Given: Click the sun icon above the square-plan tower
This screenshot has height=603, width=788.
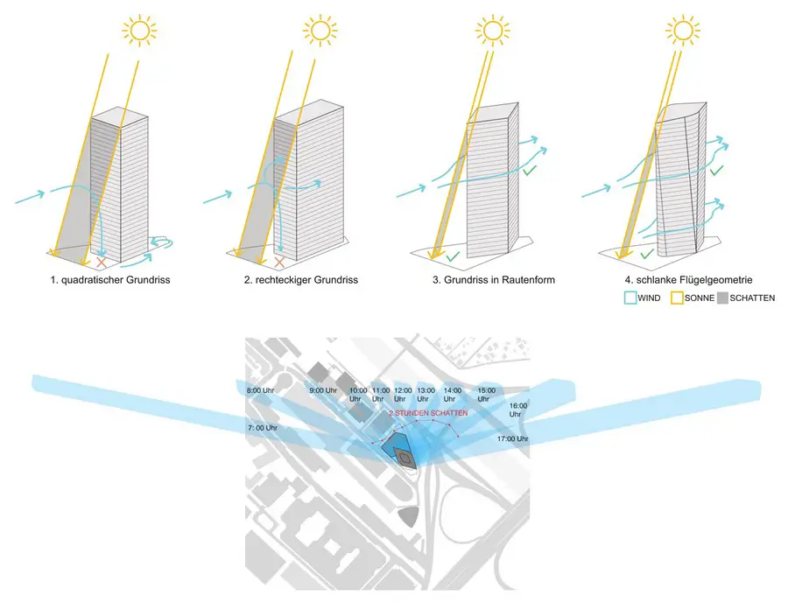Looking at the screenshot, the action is pos(140,30).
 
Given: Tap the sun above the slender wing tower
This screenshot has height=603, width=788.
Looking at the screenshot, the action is pos(682,30).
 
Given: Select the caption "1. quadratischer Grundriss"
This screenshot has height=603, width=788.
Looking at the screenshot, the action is pos(110,280).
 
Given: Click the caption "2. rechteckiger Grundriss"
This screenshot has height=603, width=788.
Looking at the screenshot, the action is pos(301,280).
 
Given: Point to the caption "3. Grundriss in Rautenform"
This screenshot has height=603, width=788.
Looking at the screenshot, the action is pos(494,280).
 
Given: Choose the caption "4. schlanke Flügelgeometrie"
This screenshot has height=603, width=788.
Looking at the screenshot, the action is pos(688,280).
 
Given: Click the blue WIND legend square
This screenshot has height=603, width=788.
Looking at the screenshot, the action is pos(630,298).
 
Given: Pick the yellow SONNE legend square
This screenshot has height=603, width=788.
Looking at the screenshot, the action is pos(677,298).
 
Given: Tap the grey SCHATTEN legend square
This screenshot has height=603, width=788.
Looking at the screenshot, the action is pos(722,298).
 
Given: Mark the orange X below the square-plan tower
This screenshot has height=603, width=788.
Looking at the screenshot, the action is pos(102,263).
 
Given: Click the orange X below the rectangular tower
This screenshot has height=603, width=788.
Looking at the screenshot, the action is pos(280,262).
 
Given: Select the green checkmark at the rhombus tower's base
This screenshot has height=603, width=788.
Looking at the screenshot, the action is pos(453,256).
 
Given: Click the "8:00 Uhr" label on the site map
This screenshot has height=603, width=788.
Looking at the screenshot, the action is pos(260,390).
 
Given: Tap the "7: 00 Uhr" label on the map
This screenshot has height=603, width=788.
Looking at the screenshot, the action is pos(263,428).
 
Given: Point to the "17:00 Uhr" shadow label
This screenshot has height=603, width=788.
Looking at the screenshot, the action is pos(512,438).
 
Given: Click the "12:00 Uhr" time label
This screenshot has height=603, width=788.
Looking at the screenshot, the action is pos(403,395).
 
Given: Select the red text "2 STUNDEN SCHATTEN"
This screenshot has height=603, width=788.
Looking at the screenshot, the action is pos(428,413).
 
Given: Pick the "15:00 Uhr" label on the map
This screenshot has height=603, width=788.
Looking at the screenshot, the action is pos(486,395).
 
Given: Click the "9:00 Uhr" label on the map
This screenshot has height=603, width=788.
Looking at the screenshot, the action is pos(323,390).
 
